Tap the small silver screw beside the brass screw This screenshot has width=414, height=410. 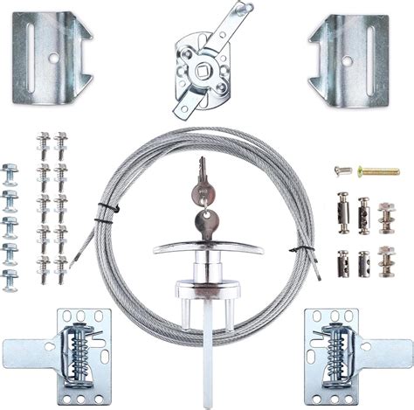(343, 170)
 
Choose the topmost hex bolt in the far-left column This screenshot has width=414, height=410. (10, 171)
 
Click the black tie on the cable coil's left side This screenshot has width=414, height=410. (105, 210)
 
